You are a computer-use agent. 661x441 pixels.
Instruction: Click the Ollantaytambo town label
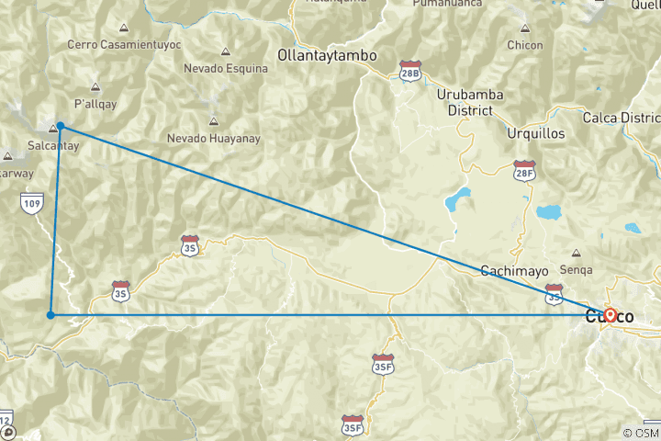[x=327, y=56]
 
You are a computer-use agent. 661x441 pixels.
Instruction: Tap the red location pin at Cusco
[x=610, y=314]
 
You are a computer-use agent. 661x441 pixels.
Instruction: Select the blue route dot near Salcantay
[x=60, y=126]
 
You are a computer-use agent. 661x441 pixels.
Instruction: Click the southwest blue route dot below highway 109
[x=50, y=315]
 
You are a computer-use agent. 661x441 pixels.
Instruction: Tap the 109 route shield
[x=32, y=201]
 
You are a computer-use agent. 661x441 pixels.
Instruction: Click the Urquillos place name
[x=536, y=133]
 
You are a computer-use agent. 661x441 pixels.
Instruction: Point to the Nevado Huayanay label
[x=214, y=138]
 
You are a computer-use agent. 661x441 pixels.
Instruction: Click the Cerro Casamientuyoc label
[x=124, y=44]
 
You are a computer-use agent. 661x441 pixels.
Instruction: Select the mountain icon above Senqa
[x=576, y=253]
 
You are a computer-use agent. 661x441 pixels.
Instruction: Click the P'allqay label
[x=95, y=103]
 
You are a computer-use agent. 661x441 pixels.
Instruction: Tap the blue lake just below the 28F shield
[x=548, y=213]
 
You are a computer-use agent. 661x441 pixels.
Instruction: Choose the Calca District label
[x=622, y=119]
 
